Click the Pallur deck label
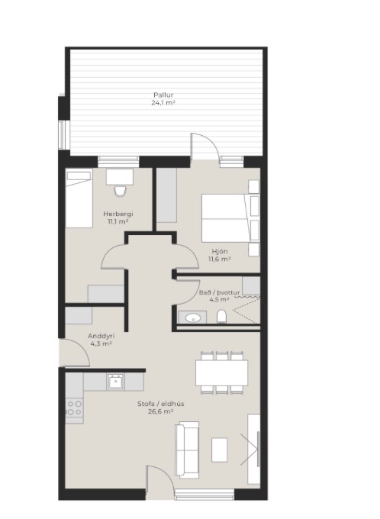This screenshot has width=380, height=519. (163, 95)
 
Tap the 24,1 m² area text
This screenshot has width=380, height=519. (163, 102)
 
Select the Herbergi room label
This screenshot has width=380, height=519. (118, 214)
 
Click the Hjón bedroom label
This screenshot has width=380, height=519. (220, 251)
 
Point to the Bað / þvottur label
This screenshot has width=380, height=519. (219, 292)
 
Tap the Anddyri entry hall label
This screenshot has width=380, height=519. (101, 336)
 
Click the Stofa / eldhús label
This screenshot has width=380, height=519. (161, 404)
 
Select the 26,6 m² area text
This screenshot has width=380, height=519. (161, 411)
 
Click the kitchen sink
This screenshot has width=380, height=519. (115, 382)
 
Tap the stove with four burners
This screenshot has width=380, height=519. (74, 408)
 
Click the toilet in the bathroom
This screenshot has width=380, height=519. (221, 317)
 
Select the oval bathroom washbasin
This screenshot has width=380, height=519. (193, 318)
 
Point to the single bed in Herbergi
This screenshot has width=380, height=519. (79, 198)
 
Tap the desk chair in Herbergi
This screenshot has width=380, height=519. (120, 191)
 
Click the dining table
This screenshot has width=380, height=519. (222, 372)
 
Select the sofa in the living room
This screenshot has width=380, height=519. (187, 450)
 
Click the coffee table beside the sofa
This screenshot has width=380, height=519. (220, 450)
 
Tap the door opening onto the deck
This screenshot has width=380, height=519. (204, 147)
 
